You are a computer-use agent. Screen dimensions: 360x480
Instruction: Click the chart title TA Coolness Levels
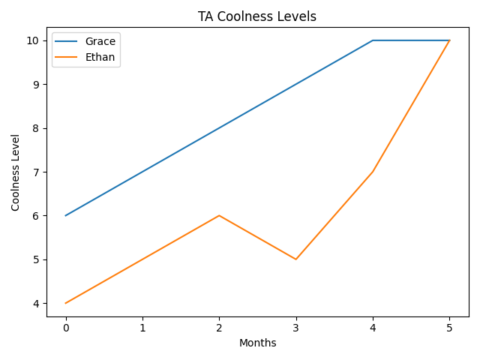click(x=257, y=16)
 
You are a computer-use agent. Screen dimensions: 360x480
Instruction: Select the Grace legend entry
click(x=100, y=41)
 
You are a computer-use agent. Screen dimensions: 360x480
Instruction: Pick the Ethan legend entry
click(x=100, y=57)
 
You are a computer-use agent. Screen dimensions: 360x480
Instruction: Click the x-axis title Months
click(x=257, y=343)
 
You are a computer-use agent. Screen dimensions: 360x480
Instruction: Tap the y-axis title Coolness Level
click(x=16, y=172)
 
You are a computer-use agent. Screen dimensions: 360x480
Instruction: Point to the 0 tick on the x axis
click(x=66, y=328)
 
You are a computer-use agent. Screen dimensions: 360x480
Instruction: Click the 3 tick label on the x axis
click(x=296, y=328)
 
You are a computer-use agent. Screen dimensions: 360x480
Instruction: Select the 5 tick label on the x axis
click(x=449, y=328)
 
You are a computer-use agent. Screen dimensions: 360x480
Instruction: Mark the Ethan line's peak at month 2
click(x=219, y=215)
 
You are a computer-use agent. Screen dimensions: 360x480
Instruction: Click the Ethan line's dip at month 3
click(x=296, y=259)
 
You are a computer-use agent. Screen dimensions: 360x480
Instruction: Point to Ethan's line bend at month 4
click(x=373, y=172)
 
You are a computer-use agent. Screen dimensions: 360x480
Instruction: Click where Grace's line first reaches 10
click(x=373, y=40)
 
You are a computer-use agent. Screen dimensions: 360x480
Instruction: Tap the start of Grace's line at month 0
click(x=66, y=215)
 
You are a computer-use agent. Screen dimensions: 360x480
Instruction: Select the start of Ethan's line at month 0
click(x=66, y=303)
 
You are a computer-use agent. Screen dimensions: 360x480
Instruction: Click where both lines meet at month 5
click(x=449, y=40)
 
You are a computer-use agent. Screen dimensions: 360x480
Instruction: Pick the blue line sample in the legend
click(x=67, y=41)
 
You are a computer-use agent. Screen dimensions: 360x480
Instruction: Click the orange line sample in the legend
click(x=67, y=57)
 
